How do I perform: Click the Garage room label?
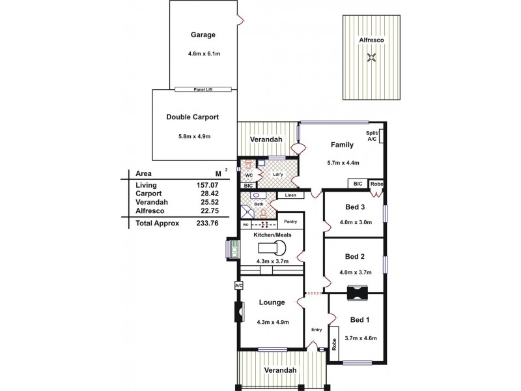[203, 35]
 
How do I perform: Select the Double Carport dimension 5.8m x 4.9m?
[191, 136]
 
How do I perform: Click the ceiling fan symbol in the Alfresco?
[371, 59]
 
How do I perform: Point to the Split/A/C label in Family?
[372, 136]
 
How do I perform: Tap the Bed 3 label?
[356, 208]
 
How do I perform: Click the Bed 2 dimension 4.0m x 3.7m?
[355, 272]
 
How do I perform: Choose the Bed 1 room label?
[360, 319]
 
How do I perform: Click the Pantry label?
[291, 222]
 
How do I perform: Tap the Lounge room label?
[272, 302]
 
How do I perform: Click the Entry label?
[317, 329]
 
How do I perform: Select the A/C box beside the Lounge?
[238, 285]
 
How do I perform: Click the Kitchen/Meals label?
[272, 233]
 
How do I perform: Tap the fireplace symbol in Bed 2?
[358, 293]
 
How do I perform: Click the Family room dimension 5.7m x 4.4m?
[343, 163]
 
